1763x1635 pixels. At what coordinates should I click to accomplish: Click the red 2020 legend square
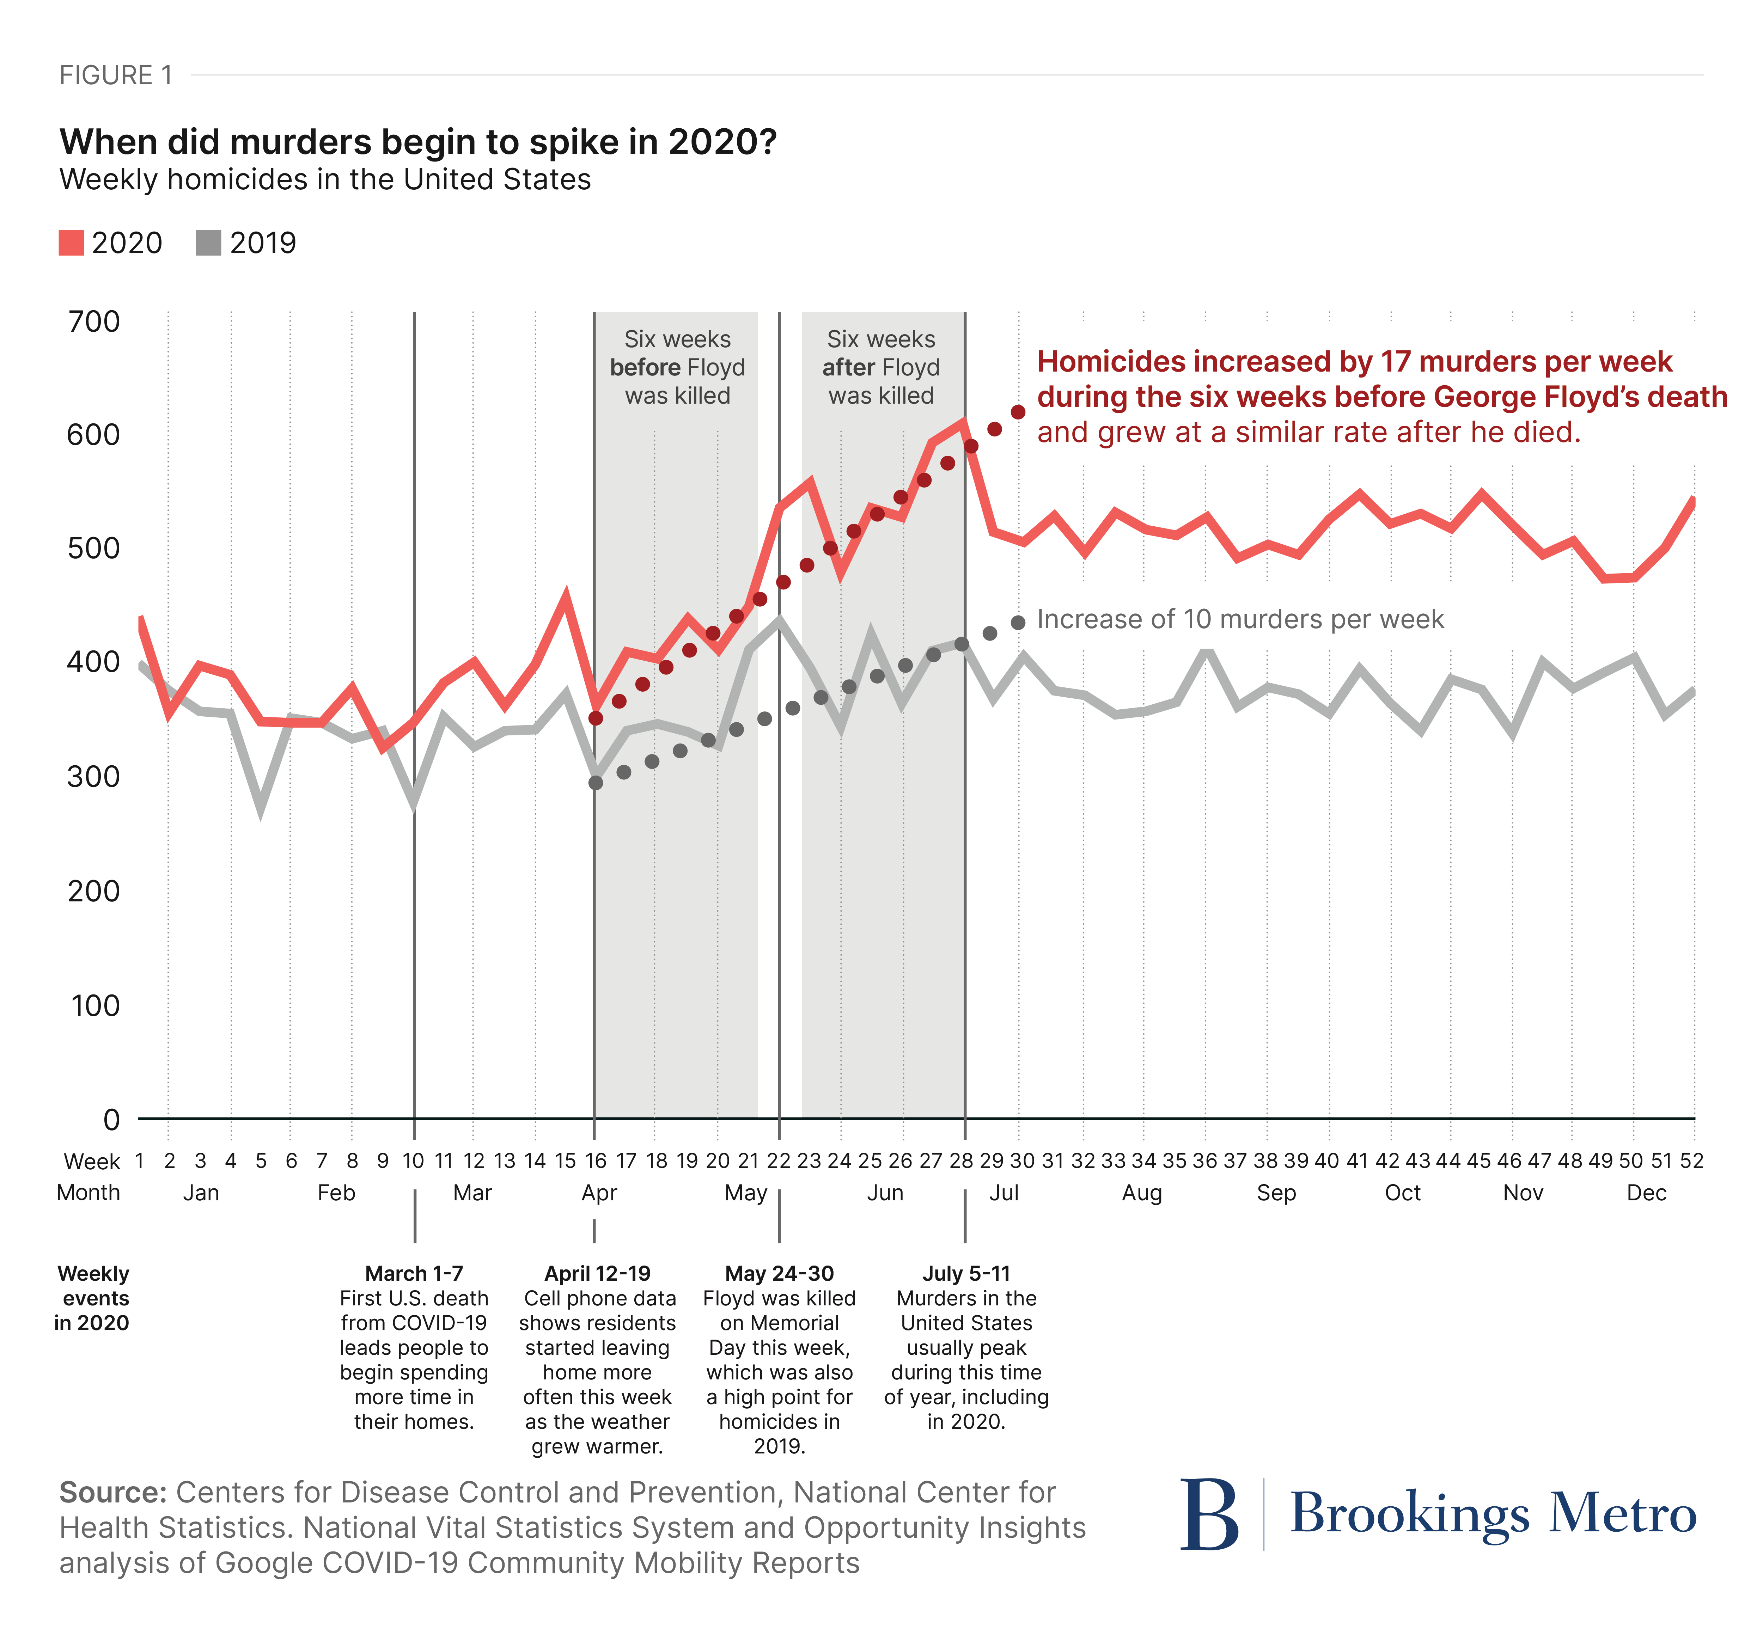pyautogui.click(x=71, y=243)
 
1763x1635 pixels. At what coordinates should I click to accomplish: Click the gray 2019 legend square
pyautogui.click(x=208, y=243)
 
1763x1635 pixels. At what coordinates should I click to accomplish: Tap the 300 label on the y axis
pyautogui.click(x=94, y=777)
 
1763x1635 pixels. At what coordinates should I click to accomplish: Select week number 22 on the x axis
pyautogui.click(x=778, y=1161)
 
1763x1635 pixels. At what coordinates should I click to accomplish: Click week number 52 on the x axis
pyautogui.click(x=1691, y=1161)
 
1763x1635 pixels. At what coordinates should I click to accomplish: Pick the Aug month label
pyautogui.click(x=1142, y=1193)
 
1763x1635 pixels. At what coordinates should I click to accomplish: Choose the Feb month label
pyautogui.click(x=336, y=1193)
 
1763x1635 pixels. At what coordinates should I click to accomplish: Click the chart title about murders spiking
pyautogui.click(x=418, y=142)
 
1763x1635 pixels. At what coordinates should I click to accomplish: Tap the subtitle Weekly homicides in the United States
pyautogui.click(x=325, y=179)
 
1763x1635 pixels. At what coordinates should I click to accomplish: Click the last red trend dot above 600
pyautogui.click(x=1018, y=412)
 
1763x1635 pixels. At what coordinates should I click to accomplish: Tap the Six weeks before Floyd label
pyautogui.click(x=677, y=367)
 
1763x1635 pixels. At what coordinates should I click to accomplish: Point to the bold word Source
pyautogui.click(x=112, y=1493)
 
